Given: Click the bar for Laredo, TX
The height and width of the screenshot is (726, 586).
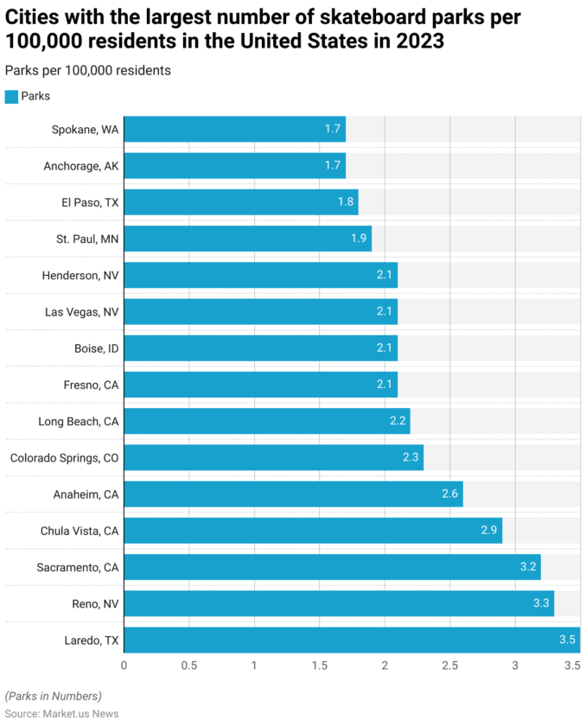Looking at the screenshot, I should click(x=351, y=640).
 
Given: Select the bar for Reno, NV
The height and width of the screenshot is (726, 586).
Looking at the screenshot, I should click(x=338, y=603).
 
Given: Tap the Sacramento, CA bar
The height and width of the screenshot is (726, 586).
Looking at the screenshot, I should click(x=332, y=567).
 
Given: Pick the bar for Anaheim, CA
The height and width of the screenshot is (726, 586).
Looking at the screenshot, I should click(x=293, y=494).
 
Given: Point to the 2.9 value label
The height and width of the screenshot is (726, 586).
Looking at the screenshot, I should click(x=489, y=531).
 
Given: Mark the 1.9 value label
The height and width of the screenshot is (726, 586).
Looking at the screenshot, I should click(x=359, y=238).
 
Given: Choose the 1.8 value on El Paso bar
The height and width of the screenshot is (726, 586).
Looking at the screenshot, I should click(x=346, y=201).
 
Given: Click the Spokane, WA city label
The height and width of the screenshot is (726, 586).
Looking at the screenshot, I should click(x=85, y=130).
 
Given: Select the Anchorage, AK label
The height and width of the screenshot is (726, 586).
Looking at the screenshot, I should click(x=81, y=166).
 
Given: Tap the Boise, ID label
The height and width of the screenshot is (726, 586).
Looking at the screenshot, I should click(x=96, y=348).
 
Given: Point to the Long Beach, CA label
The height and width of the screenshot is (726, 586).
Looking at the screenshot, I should click(x=78, y=422).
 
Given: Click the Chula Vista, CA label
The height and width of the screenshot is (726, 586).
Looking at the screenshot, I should click(x=80, y=531).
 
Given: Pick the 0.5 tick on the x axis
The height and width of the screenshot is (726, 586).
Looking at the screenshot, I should click(x=189, y=665).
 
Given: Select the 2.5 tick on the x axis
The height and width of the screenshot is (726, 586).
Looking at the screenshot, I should click(x=450, y=665).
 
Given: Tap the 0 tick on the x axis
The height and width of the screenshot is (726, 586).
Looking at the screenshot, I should click(x=124, y=665).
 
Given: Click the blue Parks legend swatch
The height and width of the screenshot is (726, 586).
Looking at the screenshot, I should click(x=11, y=97).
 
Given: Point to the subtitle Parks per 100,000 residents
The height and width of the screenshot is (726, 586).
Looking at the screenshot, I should click(x=87, y=71).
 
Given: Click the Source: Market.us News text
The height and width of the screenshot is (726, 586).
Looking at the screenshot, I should click(x=61, y=714).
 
